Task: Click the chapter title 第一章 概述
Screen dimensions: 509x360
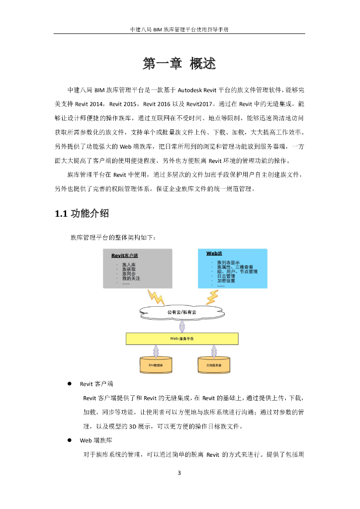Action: tap(180, 64)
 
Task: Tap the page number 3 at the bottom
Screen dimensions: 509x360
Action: tap(180, 472)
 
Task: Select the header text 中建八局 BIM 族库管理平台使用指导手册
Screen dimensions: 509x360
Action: tap(180, 29)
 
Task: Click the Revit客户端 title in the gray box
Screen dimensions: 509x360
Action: tap(125, 255)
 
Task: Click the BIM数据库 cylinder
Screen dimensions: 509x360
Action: tap(156, 365)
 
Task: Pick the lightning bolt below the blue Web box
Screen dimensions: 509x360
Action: tap(212, 296)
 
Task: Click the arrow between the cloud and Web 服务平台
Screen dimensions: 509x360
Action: tap(182, 326)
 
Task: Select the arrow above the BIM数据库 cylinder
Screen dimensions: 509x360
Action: tap(156, 351)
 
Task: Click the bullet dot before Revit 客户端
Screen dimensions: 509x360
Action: tap(70, 384)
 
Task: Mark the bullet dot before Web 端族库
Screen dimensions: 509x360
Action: tap(70, 440)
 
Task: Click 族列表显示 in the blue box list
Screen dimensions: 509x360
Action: tap(228, 262)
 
